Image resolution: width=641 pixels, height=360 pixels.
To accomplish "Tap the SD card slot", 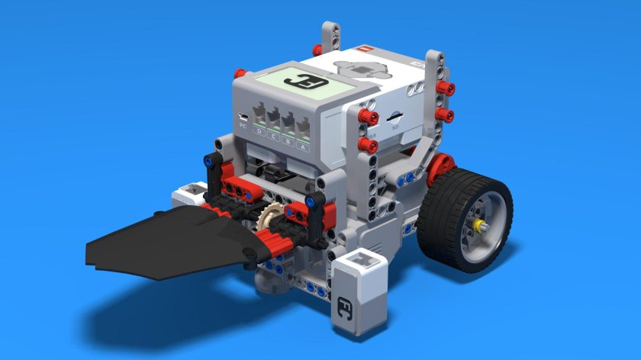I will (x=396, y=117).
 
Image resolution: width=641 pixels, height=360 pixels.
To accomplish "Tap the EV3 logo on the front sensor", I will (x=344, y=307).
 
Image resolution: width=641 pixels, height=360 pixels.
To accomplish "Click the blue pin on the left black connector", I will (x=208, y=161).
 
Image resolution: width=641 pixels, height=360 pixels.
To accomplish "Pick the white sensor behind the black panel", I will (x=189, y=194).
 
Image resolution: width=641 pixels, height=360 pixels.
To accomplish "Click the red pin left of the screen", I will (x=240, y=74).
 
